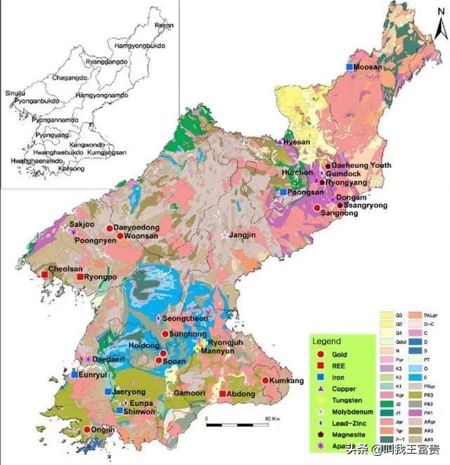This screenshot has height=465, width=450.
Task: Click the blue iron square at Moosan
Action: click(349, 67)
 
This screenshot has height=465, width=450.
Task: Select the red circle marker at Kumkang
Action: click(265, 381)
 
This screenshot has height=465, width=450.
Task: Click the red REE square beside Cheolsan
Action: click(45, 274)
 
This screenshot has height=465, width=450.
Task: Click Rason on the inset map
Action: click(163, 25)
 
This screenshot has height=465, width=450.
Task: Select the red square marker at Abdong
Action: click(223, 394)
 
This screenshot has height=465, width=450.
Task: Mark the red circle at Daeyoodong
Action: click(110, 228)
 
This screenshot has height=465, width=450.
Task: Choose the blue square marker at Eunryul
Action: click(75, 375)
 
